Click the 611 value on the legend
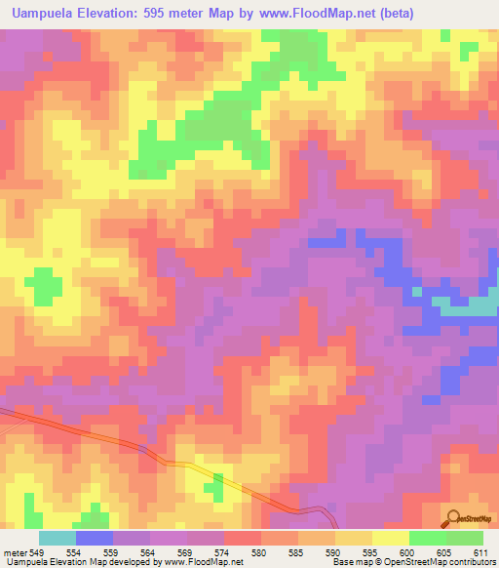point(480,552)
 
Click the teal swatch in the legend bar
point(58,538)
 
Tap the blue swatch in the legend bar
point(95,538)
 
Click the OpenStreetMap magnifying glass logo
point(454,516)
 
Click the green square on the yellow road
point(218,481)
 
